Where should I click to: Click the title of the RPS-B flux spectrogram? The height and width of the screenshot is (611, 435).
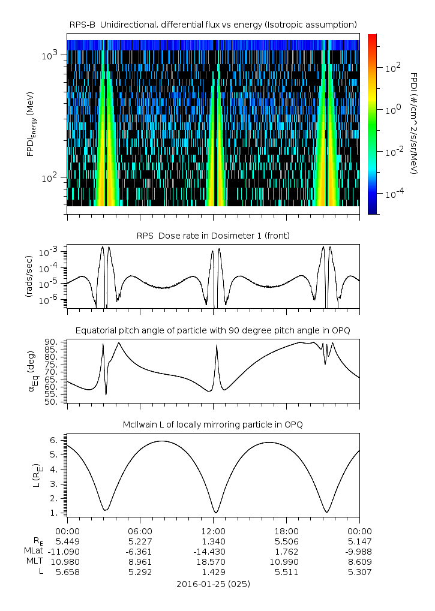click(213, 24)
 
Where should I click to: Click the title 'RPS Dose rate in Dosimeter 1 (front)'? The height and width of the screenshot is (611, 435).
click(213, 236)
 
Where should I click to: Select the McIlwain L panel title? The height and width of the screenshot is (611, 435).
click(213, 425)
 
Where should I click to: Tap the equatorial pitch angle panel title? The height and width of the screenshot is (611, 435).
click(213, 330)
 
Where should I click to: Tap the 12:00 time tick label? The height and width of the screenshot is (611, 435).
click(213, 531)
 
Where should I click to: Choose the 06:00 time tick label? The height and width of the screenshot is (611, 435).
click(140, 531)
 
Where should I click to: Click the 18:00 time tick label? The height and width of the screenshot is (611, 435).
click(286, 531)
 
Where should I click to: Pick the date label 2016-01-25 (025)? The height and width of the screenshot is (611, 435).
click(213, 583)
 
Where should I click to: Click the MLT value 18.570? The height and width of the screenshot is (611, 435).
click(213, 562)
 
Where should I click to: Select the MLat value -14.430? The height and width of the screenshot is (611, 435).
click(213, 551)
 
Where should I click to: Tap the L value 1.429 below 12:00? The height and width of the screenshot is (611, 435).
click(213, 572)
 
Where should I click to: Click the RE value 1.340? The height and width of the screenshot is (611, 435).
click(213, 541)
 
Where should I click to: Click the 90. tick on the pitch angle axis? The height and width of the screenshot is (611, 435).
click(52, 342)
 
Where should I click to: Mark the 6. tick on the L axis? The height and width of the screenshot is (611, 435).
click(55, 440)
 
